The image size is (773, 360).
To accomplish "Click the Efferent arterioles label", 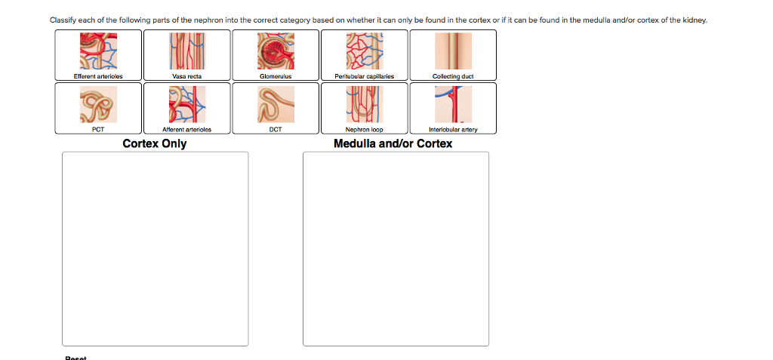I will tap(98, 76).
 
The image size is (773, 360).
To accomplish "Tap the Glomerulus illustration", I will tap(276, 51).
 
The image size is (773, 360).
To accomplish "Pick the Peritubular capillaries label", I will tap(364, 76).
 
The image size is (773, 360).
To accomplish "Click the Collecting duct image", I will tap(453, 51).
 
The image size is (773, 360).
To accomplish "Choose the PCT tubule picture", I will tap(98, 104).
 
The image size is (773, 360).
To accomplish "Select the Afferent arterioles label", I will tap(187, 130).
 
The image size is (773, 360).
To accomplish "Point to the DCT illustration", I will tap(276, 104).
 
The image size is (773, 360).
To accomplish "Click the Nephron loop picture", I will tap(364, 104).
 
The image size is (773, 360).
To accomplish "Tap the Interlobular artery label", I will tap(453, 130).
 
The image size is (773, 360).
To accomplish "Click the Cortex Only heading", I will tap(155, 143).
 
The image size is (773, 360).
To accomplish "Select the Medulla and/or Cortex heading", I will tap(393, 143).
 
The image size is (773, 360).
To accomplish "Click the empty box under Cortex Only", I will tap(155, 248).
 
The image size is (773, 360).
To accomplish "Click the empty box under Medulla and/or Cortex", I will tap(396, 248).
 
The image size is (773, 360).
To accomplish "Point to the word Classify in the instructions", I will tap(61, 20).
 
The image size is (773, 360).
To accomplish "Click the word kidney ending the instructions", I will tap(694, 20).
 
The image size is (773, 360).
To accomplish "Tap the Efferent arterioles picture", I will tap(98, 51).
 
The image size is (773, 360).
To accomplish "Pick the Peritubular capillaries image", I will tap(364, 51).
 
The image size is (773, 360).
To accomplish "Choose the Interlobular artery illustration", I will tap(453, 104).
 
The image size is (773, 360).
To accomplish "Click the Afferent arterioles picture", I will tap(187, 104).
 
